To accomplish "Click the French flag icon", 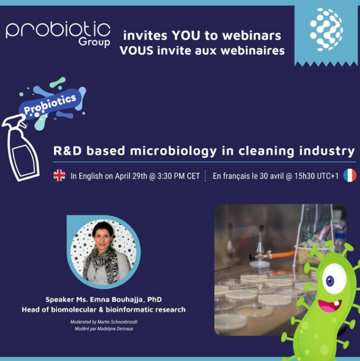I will pos(349,176).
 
